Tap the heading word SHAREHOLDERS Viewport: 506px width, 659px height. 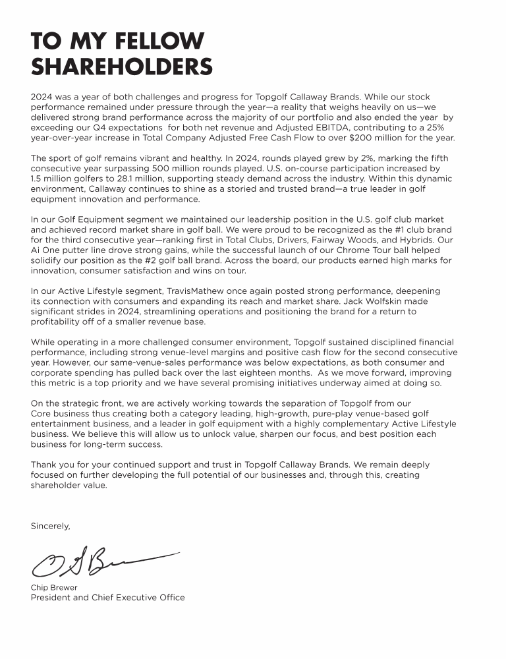(122, 67)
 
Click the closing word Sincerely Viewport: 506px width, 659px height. (50, 526)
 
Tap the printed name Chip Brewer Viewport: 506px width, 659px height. (54, 587)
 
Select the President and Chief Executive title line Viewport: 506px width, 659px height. (107, 598)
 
